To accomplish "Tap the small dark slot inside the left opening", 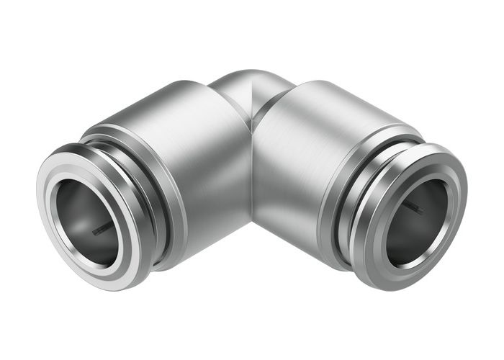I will point(102,229).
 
